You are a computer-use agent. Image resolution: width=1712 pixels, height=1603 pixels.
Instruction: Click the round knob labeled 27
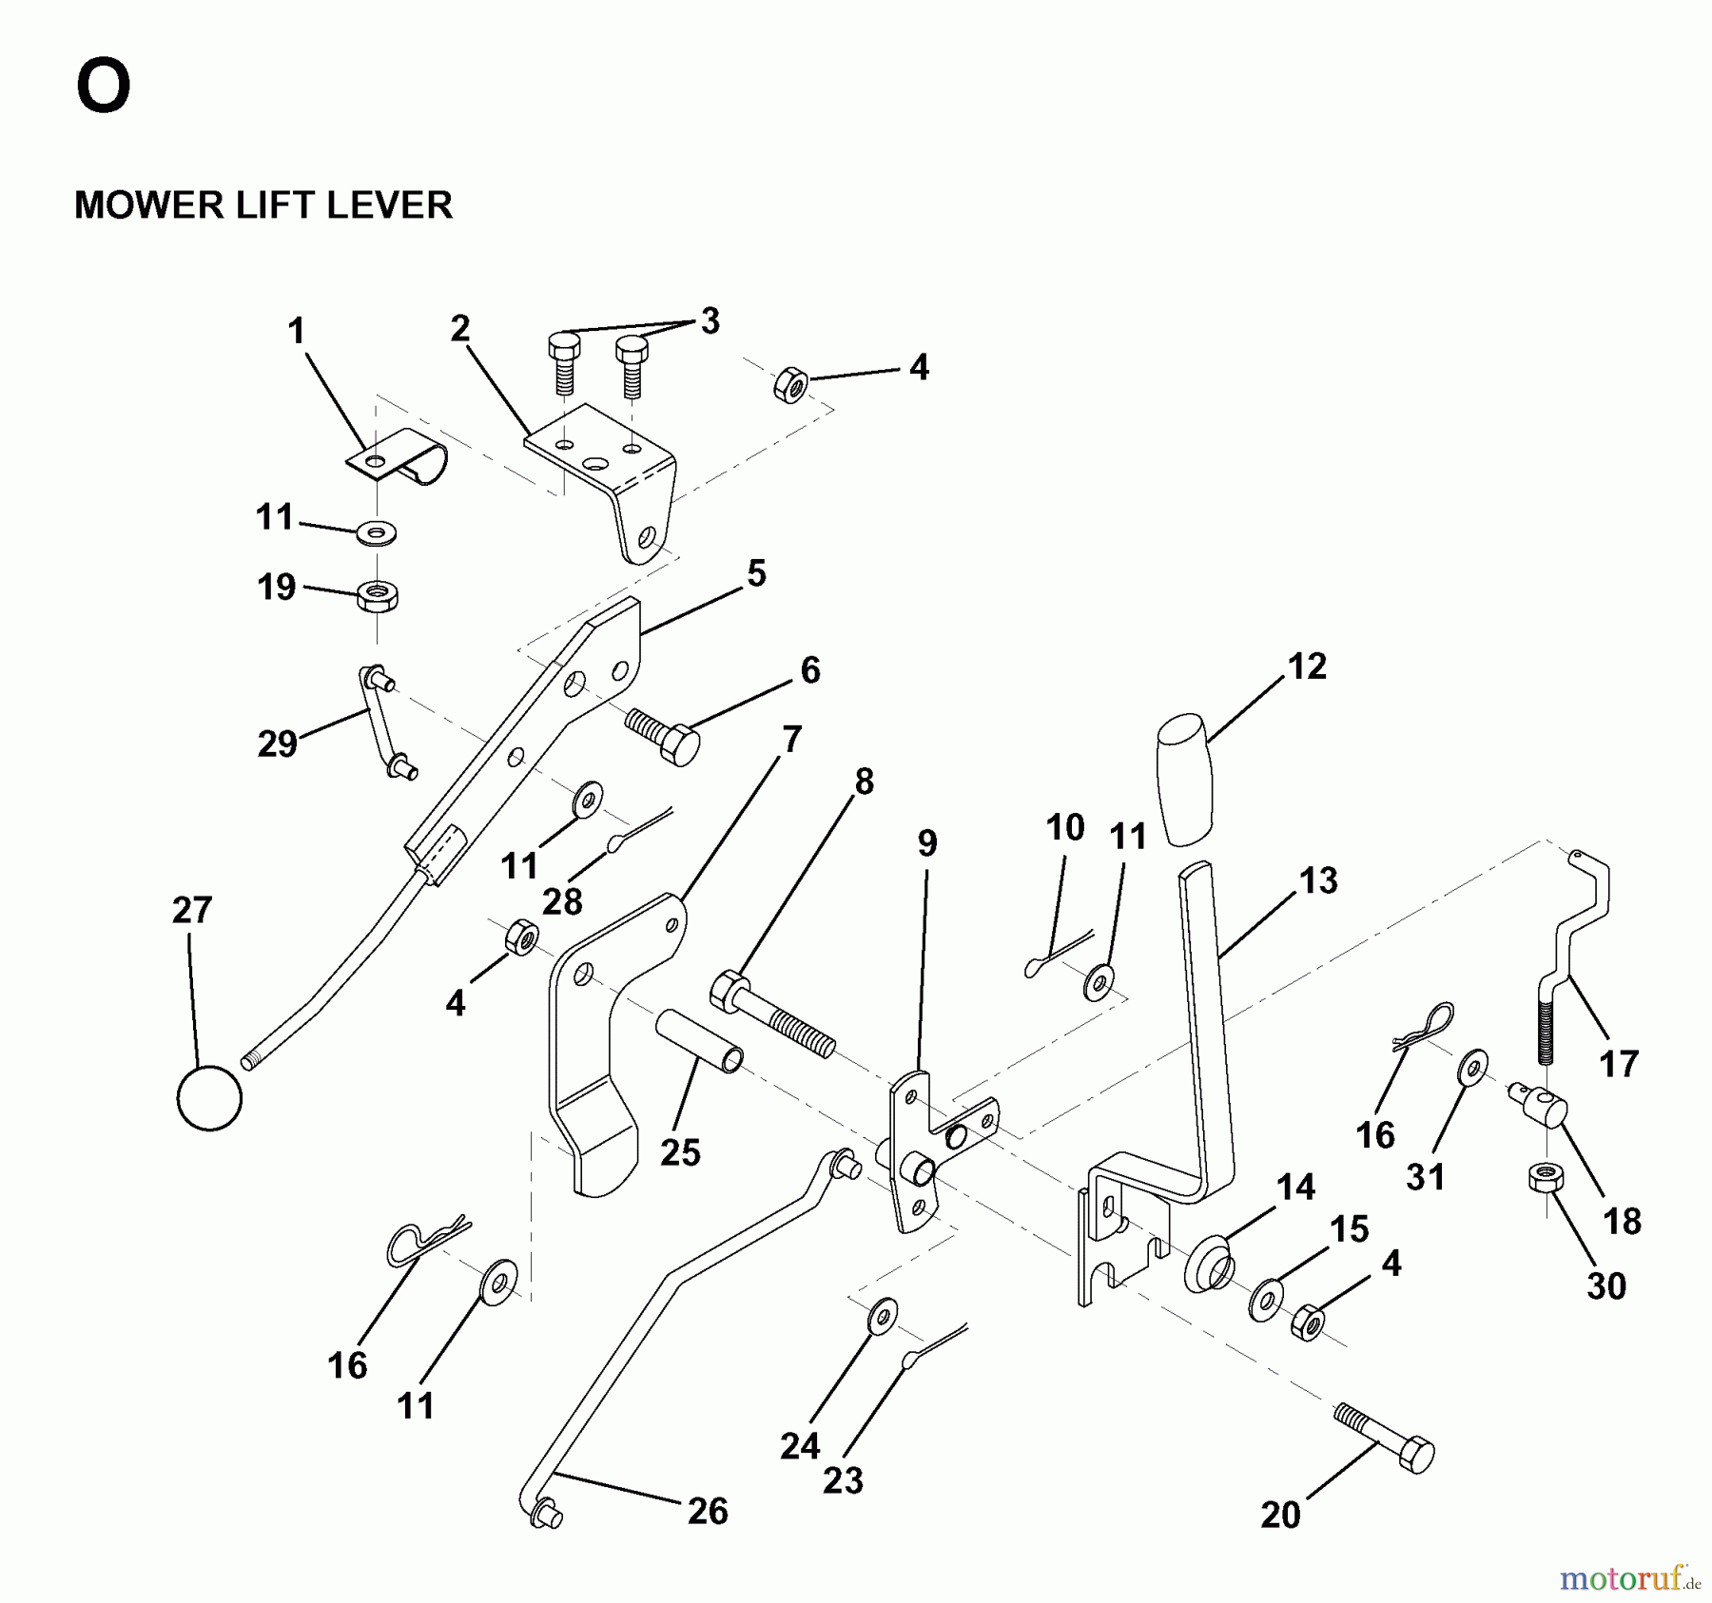pyautogui.click(x=209, y=1098)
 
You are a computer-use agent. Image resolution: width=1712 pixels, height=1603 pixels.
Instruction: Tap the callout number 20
pyautogui.click(x=1280, y=1515)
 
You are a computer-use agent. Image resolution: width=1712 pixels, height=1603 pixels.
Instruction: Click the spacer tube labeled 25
pyautogui.click(x=699, y=1041)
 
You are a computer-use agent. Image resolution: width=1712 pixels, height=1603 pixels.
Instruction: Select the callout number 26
pyautogui.click(x=708, y=1511)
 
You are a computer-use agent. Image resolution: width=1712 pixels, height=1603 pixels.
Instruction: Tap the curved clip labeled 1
pyautogui.click(x=399, y=455)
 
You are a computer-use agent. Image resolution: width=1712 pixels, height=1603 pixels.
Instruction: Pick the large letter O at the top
pyautogui.click(x=103, y=87)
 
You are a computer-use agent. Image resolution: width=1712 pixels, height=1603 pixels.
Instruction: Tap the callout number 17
pyautogui.click(x=1619, y=1064)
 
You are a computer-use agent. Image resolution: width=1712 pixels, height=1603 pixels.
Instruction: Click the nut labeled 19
pyautogui.click(x=378, y=597)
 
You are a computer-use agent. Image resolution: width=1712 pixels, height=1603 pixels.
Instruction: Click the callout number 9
pyautogui.click(x=926, y=843)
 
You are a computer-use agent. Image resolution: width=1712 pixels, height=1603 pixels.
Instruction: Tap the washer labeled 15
pyautogui.click(x=1265, y=1300)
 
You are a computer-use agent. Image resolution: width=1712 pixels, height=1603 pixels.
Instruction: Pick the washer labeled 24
pyautogui.click(x=883, y=1316)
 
